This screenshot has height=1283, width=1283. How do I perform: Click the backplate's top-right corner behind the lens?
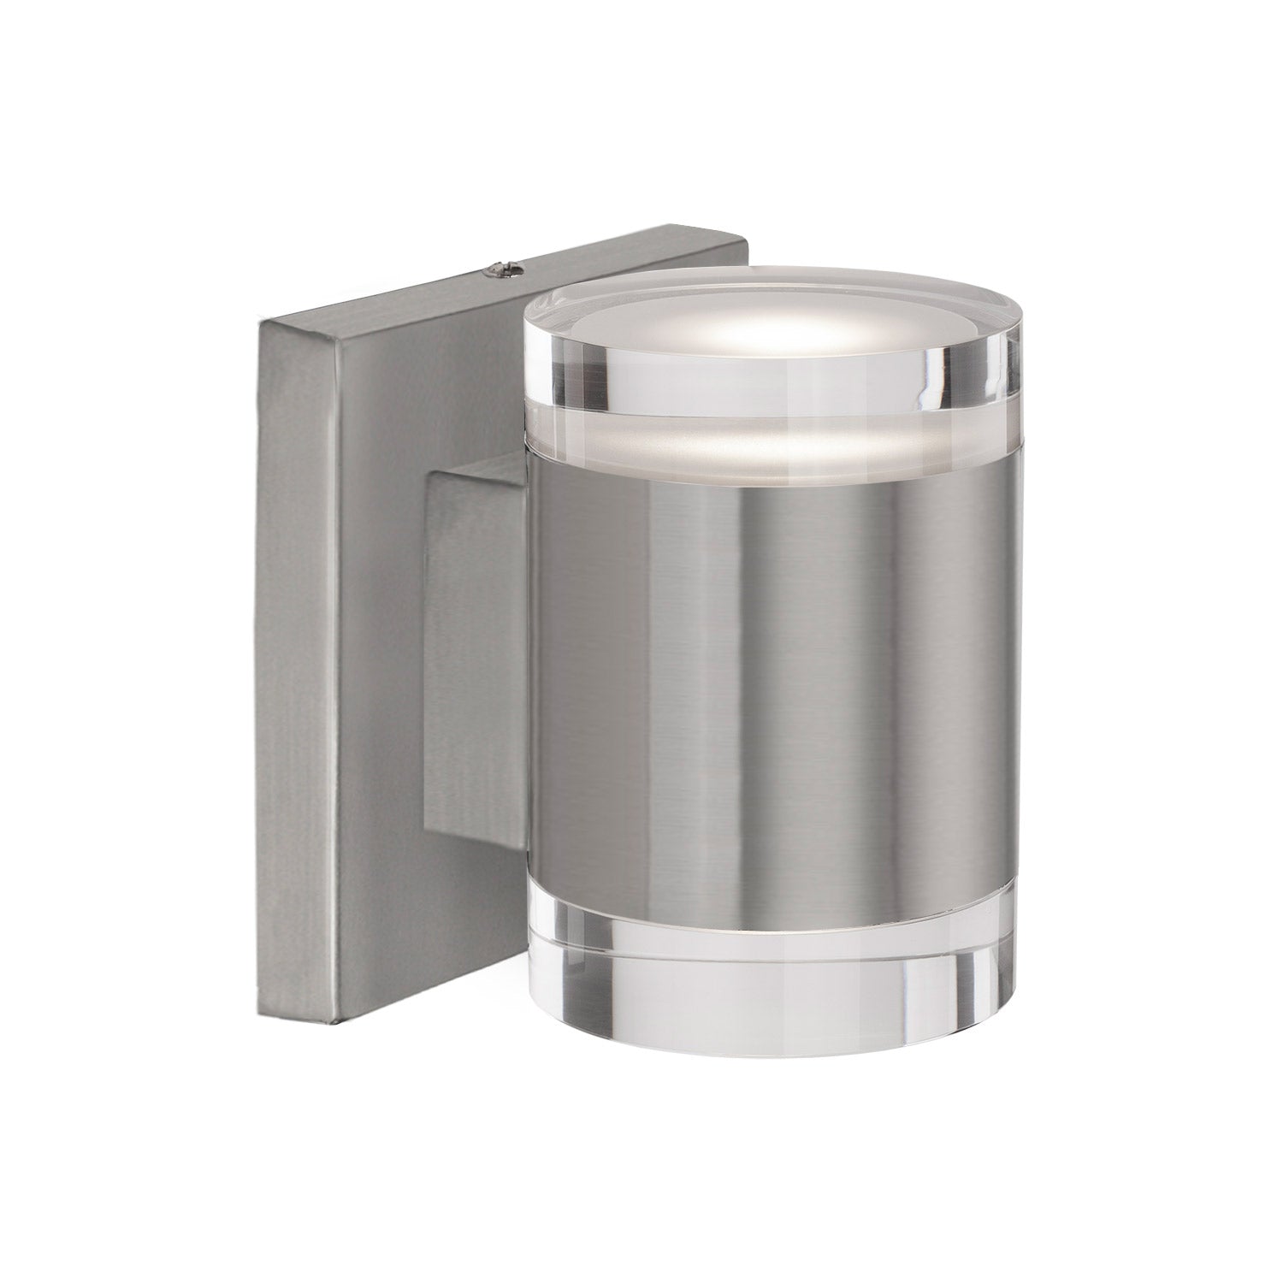[x=746, y=252]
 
